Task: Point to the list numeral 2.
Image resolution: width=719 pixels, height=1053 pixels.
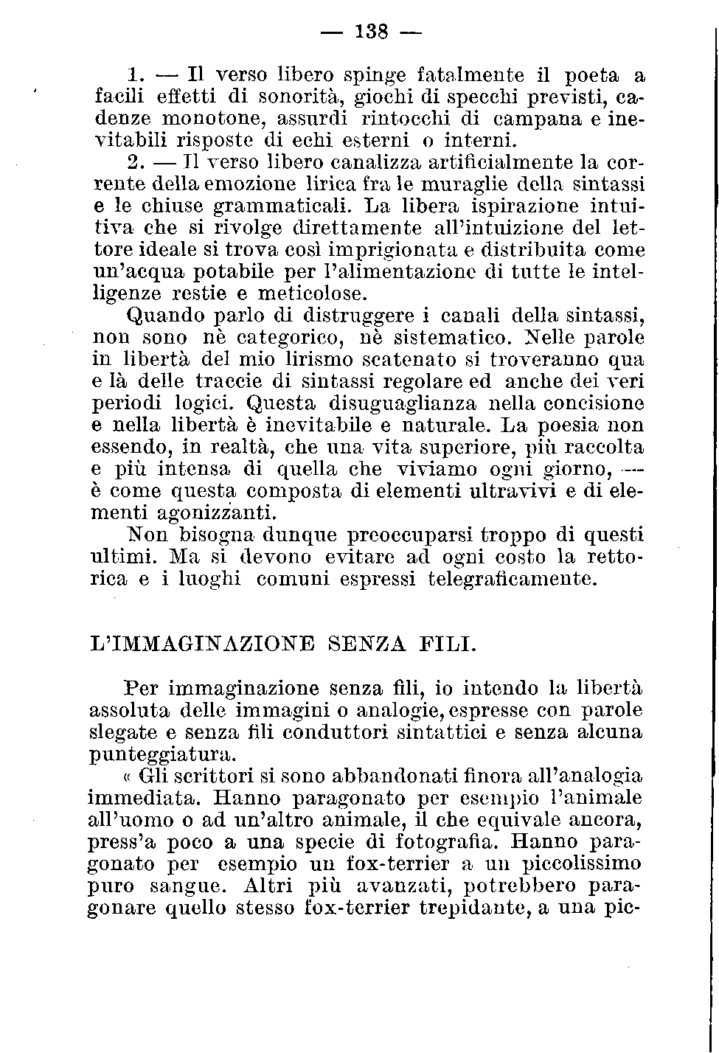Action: coord(135,161)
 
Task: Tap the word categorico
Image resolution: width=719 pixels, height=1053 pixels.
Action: coord(290,338)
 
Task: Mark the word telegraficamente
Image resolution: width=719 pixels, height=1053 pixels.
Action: coord(511,579)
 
